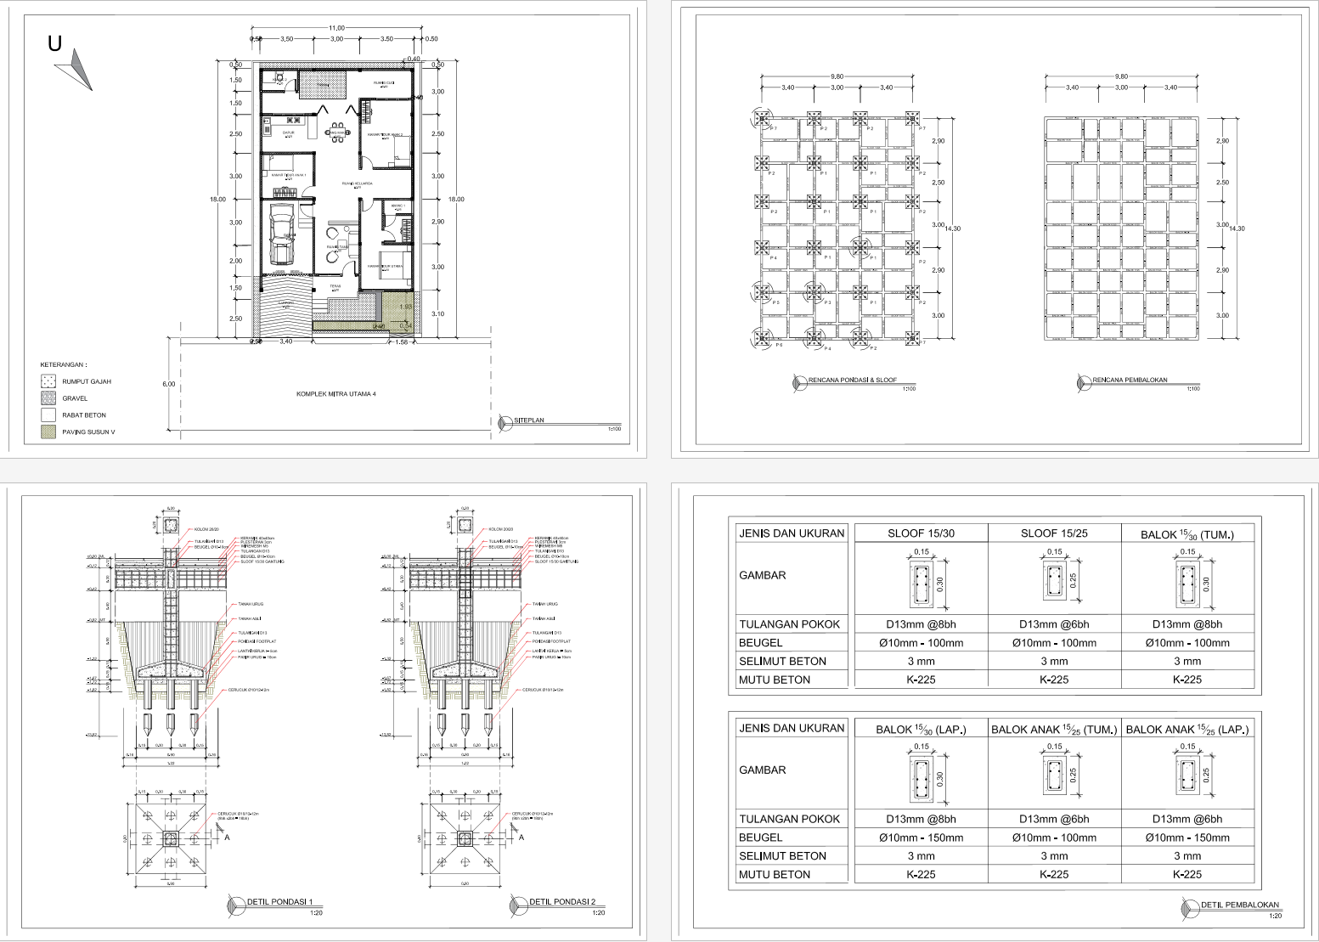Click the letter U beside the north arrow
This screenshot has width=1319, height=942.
[x=55, y=43]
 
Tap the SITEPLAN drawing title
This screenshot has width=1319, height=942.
[x=530, y=420]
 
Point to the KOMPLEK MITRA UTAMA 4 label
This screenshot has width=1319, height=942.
[x=335, y=394]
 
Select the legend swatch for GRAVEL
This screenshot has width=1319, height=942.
[x=48, y=398]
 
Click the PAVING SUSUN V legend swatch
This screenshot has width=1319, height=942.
[x=48, y=432]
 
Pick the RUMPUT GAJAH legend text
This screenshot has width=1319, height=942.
[x=87, y=381]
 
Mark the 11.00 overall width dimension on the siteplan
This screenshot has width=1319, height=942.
[x=336, y=29]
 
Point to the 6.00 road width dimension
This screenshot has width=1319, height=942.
[x=168, y=384]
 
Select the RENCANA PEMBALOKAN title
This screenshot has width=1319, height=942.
[x=1130, y=381]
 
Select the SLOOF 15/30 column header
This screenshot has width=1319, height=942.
[x=921, y=533]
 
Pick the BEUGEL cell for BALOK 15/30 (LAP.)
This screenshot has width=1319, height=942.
[x=921, y=838]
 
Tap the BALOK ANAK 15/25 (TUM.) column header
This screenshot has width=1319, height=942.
[x=1054, y=729]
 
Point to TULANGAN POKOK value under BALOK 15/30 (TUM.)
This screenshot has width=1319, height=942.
[x=1187, y=624]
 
